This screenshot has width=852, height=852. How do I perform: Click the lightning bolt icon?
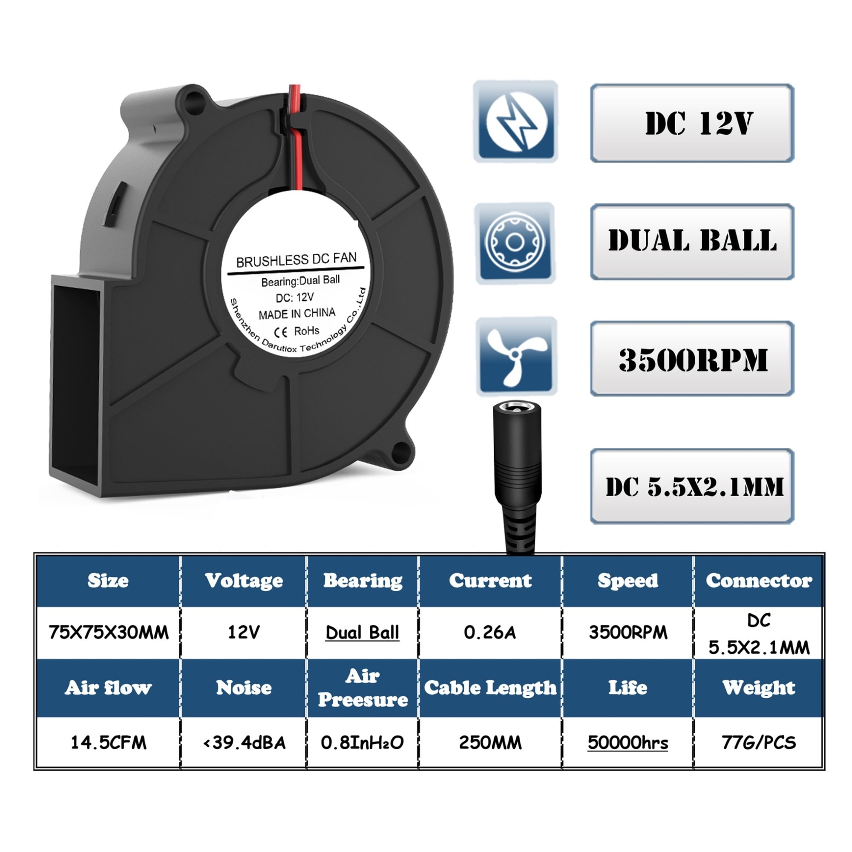pos(515,121)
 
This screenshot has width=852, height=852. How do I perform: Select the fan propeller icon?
pos(516,356)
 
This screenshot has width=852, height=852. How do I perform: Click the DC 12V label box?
pos(691,124)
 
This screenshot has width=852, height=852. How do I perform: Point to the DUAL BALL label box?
pos(691,241)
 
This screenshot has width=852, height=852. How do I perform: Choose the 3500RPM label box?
pos(691,359)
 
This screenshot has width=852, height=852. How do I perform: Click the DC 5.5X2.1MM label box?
pos(691,486)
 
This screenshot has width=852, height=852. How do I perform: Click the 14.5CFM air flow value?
pos(109,743)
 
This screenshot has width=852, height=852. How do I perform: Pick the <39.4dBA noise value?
pos(244,743)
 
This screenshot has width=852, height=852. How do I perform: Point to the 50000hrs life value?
pos(627,743)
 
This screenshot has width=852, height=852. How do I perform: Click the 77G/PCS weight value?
pos(759,743)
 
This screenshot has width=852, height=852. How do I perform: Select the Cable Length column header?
pos(490,688)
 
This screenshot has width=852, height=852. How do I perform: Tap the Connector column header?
pos(759,581)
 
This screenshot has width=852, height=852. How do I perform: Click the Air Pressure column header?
pos(363,688)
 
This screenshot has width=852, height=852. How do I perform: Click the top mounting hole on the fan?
pos(193,101)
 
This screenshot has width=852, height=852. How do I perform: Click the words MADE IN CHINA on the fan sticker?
pos(297,314)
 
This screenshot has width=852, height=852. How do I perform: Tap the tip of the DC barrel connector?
pos(516,406)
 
